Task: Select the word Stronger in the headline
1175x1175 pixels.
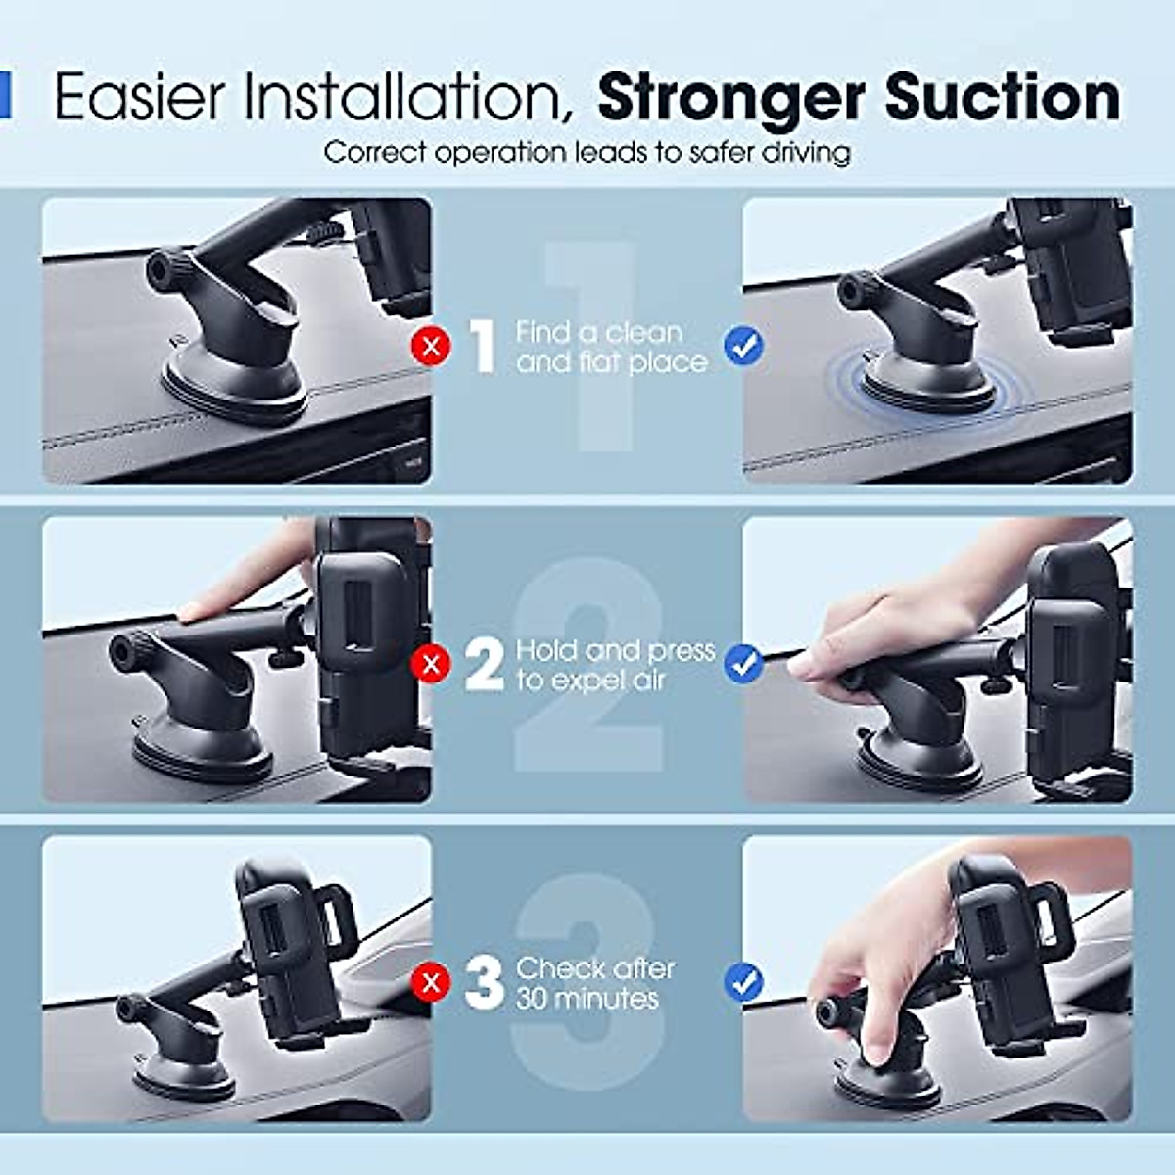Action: [x=730, y=99]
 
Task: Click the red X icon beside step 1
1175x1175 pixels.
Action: [x=431, y=346]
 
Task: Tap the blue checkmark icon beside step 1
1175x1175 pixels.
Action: [x=744, y=346]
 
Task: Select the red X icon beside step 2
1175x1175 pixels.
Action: [x=431, y=664]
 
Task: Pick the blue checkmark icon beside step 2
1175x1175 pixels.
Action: [x=744, y=664]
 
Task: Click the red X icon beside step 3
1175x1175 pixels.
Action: [x=431, y=982]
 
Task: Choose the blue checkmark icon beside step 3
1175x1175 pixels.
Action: [x=744, y=982]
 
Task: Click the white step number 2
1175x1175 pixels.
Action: [x=484, y=665]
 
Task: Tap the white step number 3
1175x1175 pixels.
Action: [x=484, y=983]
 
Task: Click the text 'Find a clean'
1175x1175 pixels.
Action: [x=599, y=332]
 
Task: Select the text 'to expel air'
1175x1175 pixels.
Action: [x=590, y=681]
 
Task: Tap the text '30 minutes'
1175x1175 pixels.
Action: [x=587, y=999]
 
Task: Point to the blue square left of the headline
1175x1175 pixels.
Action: [x=4, y=95]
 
